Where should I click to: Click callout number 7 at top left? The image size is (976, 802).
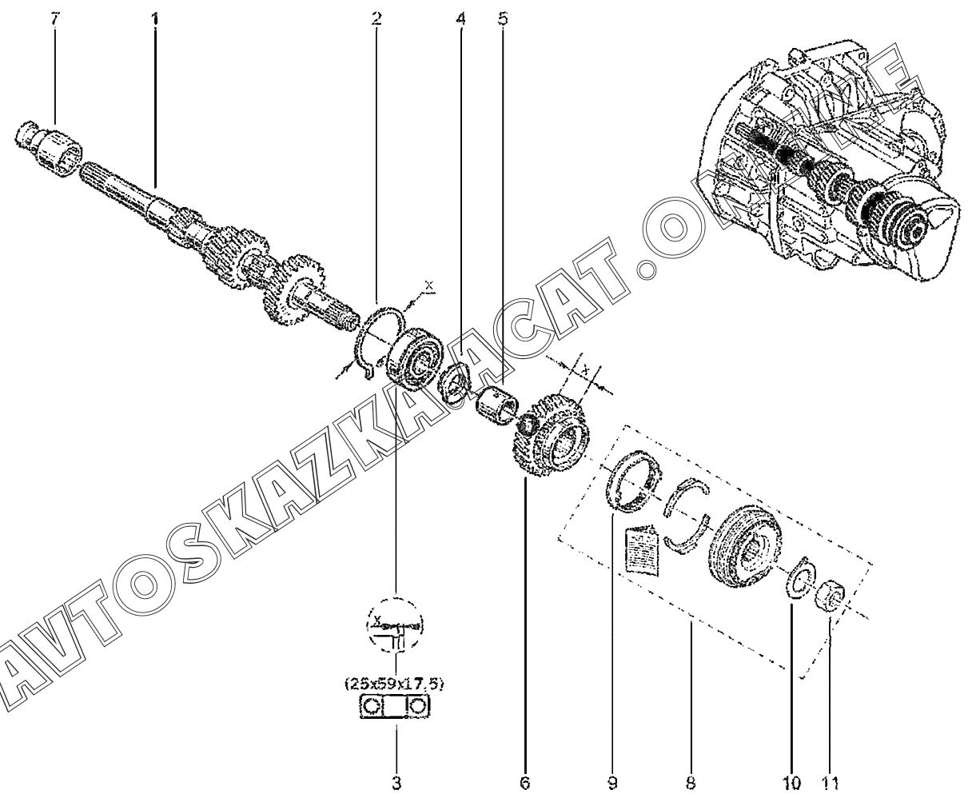(54, 18)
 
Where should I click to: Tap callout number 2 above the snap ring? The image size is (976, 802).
(376, 18)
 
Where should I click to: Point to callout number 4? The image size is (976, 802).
(461, 18)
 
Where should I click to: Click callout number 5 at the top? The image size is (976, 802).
(502, 18)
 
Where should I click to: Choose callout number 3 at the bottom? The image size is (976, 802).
(396, 780)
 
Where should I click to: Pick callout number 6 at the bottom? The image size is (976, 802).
(524, 780)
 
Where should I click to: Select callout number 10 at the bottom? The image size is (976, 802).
(791, 780)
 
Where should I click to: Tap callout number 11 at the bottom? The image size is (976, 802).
(831, 780)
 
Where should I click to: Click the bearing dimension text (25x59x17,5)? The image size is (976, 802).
(395, 684)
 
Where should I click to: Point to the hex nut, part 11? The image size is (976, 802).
(830, 595)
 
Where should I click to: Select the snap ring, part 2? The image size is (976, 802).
(376, 340)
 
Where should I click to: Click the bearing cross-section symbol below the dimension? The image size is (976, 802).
(395, 707)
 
